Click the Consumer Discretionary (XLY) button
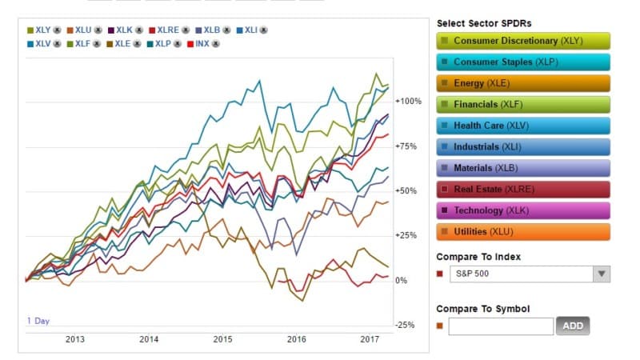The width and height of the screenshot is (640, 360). (523, 41)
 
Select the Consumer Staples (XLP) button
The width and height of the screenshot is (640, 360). (523, 62)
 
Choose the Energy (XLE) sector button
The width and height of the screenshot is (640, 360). (523, 83)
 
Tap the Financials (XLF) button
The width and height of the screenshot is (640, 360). (523, 105)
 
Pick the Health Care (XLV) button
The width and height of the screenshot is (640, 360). (523, 126)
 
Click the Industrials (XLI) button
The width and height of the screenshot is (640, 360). (523, 147)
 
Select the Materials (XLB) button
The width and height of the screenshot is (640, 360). (523, 168)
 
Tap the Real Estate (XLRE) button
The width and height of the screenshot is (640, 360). (523, 190)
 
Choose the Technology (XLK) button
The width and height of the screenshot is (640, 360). (523, 210)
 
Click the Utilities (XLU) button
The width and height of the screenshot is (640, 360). (523, 232)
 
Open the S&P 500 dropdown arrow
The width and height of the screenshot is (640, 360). (601, 274)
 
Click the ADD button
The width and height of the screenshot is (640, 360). (573, 326)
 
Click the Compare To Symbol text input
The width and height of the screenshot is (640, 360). (501, 326)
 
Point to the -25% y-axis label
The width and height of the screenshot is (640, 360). (406, 325)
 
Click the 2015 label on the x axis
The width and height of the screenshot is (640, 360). (222, 340)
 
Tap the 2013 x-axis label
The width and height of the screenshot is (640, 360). (74, 340)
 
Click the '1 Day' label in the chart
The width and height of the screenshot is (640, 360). (38, 321)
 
